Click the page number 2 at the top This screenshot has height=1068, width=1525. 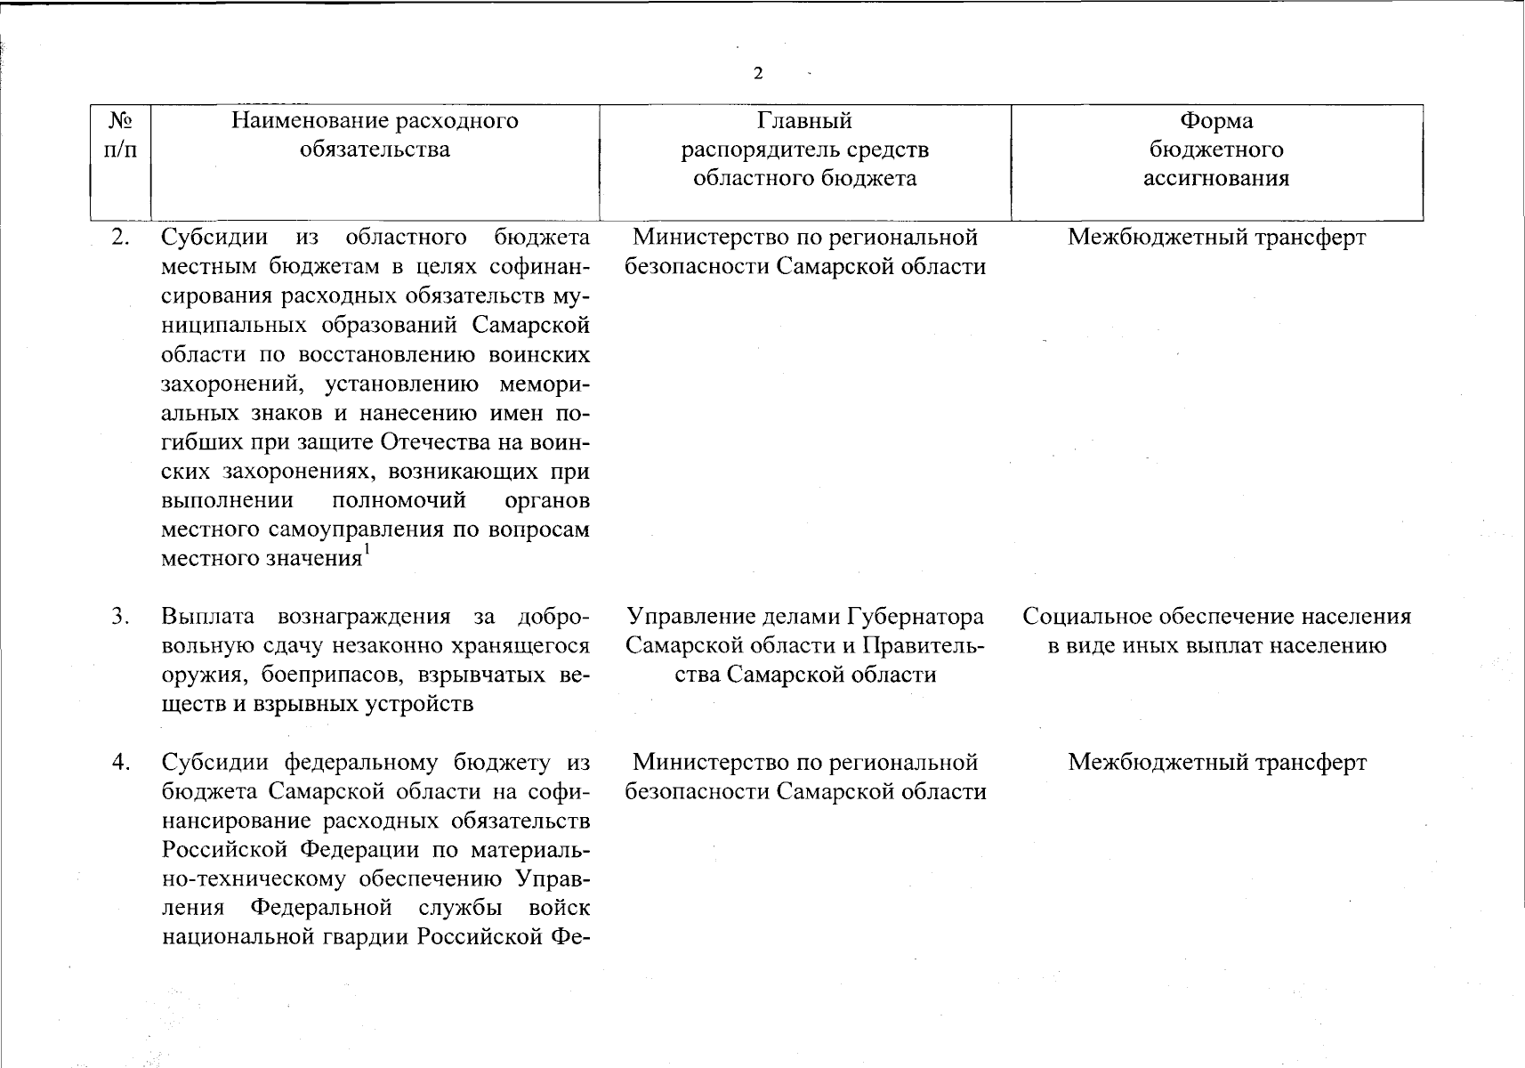(757, 73)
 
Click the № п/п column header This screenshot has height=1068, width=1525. (121, 134)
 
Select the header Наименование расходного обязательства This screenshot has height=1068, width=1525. (375, 134)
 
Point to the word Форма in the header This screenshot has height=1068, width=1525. (1215, 120)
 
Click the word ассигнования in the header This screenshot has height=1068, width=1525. (1215, 178)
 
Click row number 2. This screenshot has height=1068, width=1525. (121, 237)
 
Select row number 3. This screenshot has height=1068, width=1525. (121, 616)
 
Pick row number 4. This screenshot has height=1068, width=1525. (121, 762)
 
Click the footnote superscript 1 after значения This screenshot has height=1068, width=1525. (367, 552)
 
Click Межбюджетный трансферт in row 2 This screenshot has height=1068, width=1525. (1216, 238)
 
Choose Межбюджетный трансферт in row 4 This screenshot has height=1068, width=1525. (1216, 763)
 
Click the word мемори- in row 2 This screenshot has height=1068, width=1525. (545, 384)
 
